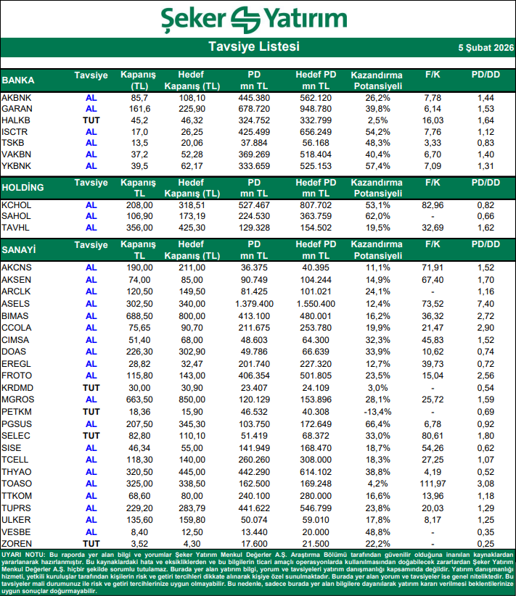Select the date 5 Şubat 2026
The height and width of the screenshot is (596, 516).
click(484, 47)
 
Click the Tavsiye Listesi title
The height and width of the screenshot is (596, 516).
click(253, 47)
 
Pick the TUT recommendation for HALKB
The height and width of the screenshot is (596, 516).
click(91, 120)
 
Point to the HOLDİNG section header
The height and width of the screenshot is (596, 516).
click(23, 187)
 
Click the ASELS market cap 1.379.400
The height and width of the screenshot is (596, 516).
click(253, 303)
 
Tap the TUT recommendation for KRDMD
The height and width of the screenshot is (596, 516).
click(91, 388)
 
